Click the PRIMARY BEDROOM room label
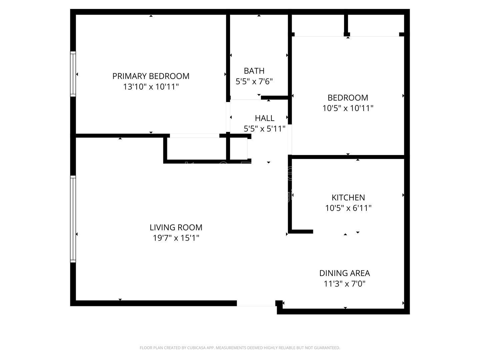click(x=151, y=76)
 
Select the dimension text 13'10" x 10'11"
click(x=151, y=87)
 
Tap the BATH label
click(x=254, y=71)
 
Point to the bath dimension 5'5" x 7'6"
click(x=254, y=81)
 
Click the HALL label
click(x=264, y=118)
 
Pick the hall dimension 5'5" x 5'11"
click(x=264, y=129)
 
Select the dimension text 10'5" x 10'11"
click(x=348, y=108)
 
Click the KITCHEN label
click(x=348, y=197)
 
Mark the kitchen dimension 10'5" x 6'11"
click(x=348, y=208)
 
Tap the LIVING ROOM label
click(x=176, y=227)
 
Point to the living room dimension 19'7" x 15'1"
click(x=176, y=238)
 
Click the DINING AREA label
click(x=344, y=273)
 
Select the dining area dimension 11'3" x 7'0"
click(x=344, y=284)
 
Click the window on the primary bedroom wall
click(x=73, y=74)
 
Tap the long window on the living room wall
click(x=73, y=219)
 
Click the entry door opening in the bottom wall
click(x=256, y=303)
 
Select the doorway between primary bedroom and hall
click(x=228, y=117)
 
